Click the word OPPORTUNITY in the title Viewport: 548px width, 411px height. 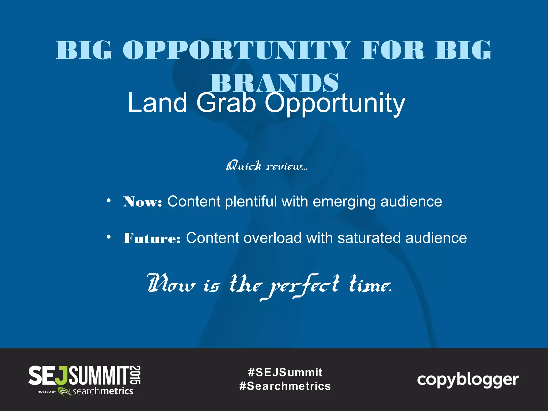[237, 50]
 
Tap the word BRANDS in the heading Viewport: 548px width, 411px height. [274, 83]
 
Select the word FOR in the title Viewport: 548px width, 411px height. [393, 50]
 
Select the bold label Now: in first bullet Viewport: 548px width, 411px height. [143, 202]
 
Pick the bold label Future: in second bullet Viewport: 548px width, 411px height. [152, 238]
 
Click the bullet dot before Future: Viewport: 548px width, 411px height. [108, 237]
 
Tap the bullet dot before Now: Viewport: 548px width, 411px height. [108, 200]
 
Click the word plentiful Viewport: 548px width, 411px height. [251, 202]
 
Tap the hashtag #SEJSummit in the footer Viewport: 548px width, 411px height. [285, 372]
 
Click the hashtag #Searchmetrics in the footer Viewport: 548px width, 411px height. [285, 386]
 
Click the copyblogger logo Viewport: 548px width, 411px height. [468, 380]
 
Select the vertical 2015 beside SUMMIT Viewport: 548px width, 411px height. [136, 375]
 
